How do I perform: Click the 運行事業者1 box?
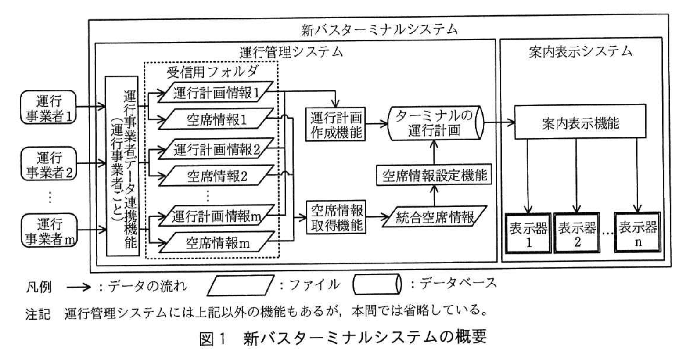[49, 108]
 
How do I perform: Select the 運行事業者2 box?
[49, 164]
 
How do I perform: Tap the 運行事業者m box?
[49, 230]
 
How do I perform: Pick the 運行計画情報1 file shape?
[216, 93]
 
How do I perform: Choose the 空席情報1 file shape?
[216, 119]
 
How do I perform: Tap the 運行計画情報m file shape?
[216, 216]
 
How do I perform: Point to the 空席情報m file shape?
[216, 243]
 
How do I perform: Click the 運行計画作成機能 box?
[336, 125]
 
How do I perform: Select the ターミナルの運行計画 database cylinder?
[435, 123]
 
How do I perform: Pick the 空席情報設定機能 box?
[434, 176]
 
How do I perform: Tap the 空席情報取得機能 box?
[336, 217]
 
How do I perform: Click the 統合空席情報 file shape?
[435, 216]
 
